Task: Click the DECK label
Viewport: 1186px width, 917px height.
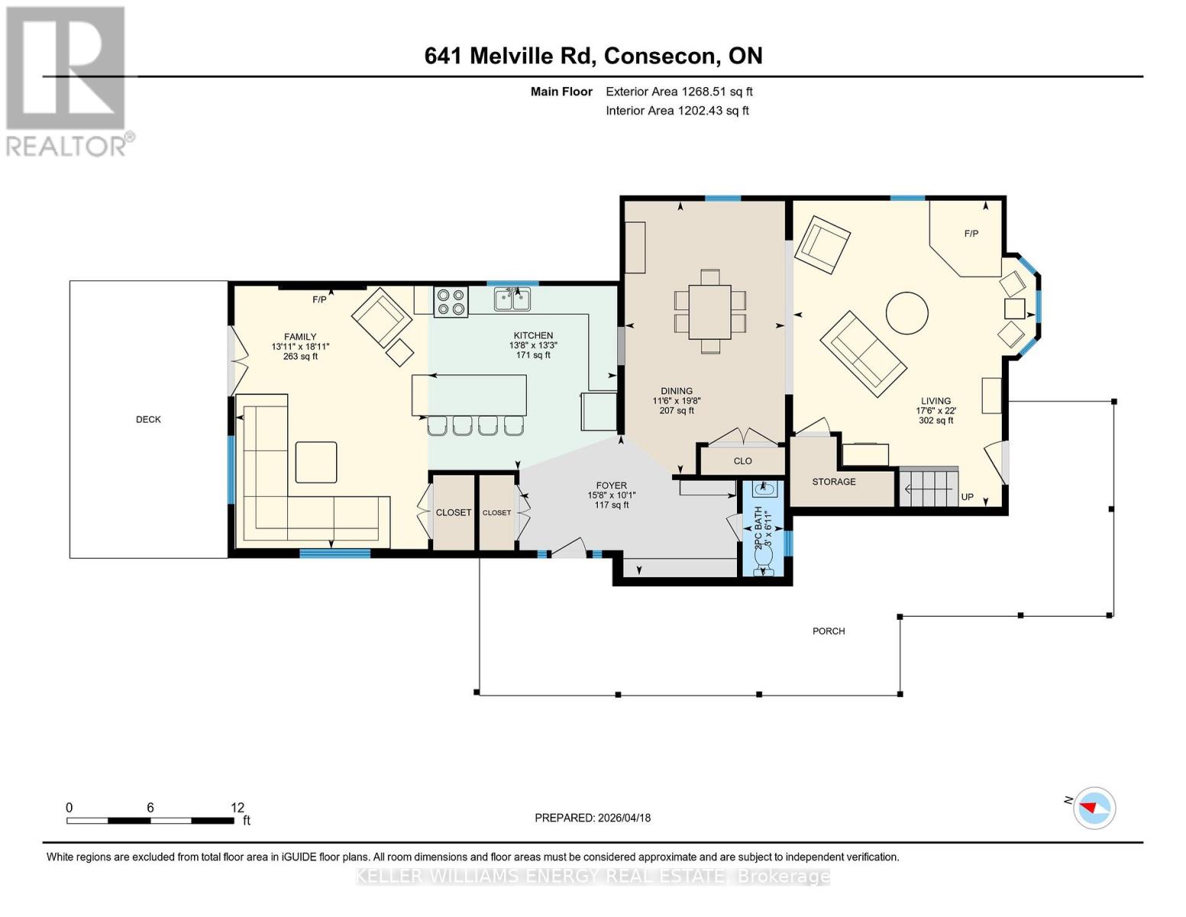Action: coord(148,420)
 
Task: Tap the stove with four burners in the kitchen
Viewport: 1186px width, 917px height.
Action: coord(451,301)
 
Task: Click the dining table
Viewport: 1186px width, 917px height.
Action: coord(709,311)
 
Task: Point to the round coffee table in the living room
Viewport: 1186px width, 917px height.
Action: coord(906,313)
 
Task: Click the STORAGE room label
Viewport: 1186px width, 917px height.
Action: coord(833,482)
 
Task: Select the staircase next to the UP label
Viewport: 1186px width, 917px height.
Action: coord(928,487)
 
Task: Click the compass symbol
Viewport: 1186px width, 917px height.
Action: coord(1094,808)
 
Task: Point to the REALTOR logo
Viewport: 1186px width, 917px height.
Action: coord(66,80)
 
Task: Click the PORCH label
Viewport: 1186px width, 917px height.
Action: coord(829,631)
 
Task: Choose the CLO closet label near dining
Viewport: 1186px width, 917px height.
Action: coord(742,461)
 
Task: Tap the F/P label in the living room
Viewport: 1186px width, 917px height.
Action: coord(971,234)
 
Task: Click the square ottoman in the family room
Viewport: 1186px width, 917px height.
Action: coord(315,462)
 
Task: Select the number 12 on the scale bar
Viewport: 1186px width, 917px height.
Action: coord(238,807)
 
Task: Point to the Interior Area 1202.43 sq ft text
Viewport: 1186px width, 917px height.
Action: coord(677,111)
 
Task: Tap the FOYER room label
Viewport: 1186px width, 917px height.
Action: coord(611,485)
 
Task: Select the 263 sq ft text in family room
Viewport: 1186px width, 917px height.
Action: coord(300,357)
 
